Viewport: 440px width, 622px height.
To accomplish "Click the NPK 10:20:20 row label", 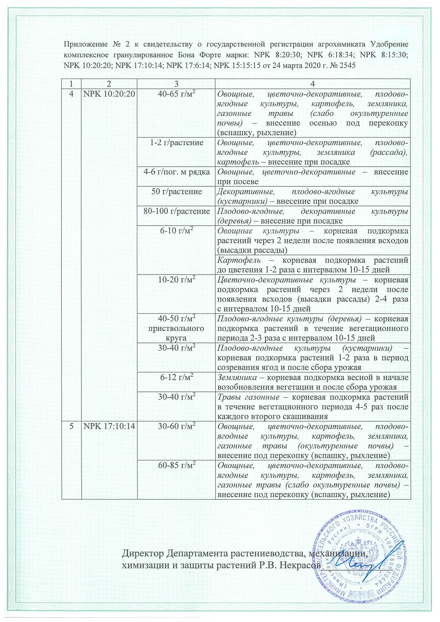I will pyautogui.click(x=109, y=94).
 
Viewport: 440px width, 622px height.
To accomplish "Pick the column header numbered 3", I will pyautogui.click(x=176, y=84).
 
